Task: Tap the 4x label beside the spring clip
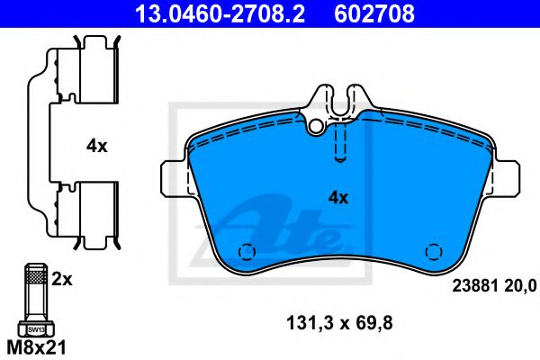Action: click(x=96, y=145)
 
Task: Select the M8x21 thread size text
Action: click(x=38, y=346)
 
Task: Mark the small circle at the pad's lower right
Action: click(x=433, y=252)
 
